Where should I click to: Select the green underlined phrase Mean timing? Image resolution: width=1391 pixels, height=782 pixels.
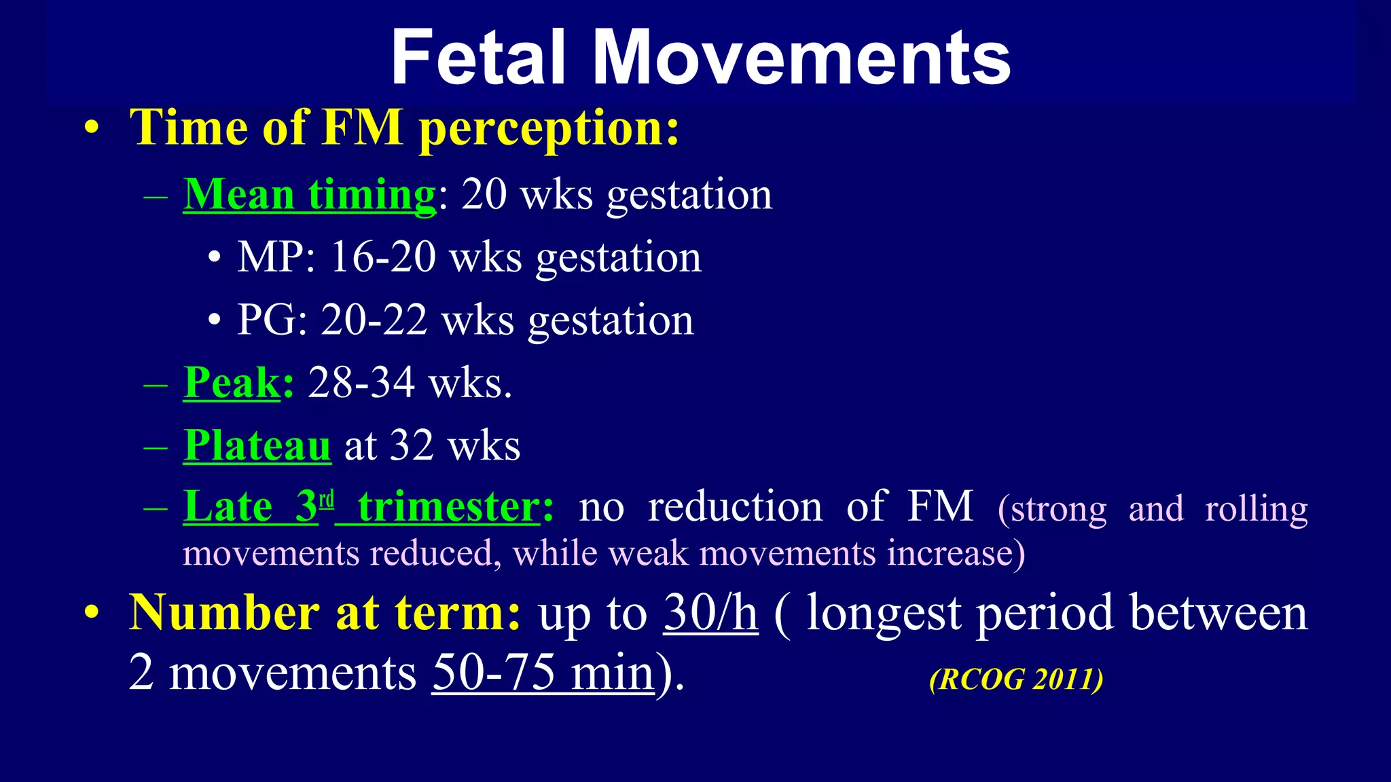310,195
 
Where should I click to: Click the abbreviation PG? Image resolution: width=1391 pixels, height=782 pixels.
267,320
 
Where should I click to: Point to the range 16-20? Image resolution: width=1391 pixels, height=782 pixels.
382,258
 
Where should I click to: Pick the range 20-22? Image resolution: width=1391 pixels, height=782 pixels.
374,320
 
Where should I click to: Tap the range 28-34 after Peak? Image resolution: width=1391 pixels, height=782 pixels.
361,383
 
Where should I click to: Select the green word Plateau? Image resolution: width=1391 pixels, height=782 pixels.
257,446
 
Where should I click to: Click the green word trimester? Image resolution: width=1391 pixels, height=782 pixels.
449,507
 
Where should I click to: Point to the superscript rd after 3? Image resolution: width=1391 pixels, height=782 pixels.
327,500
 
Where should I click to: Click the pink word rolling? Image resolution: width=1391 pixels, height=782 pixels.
1256,509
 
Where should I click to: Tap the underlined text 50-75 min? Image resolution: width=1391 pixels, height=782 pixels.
543,673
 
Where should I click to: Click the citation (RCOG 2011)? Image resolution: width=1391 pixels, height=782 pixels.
1016,679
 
